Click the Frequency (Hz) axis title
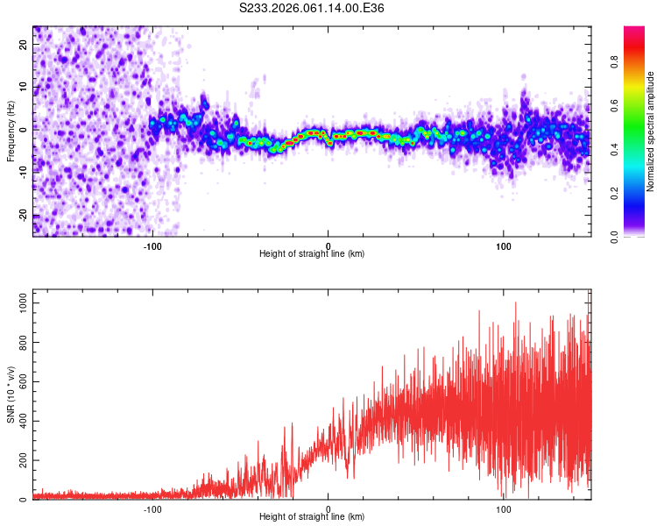tap(11, 131)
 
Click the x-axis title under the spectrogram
tap(312, 254)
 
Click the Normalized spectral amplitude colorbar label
tap(651, 131)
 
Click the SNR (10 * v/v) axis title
tap(11, 394)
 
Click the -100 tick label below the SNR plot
tap(152, 508)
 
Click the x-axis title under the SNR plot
tap(312, 517)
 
